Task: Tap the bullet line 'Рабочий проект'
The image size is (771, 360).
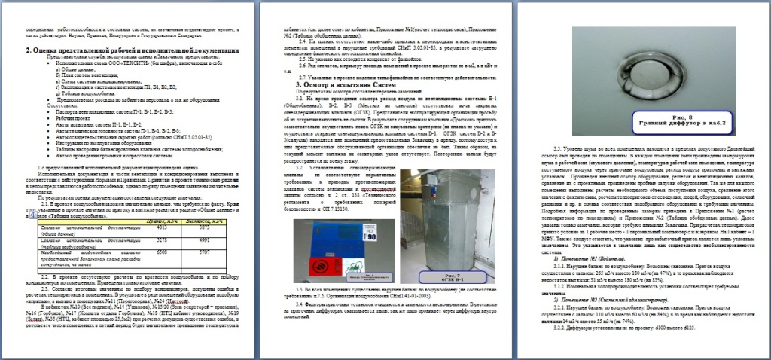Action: point(72,117)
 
